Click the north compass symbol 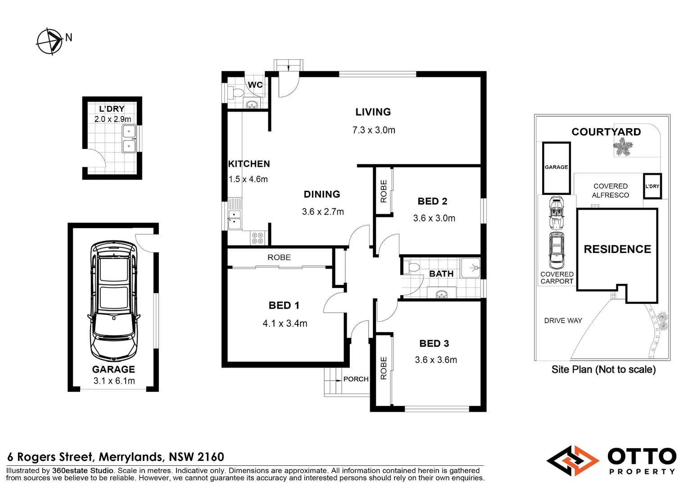click(50, 41)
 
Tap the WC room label click(255, 85)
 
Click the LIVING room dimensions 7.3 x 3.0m click(374, 130)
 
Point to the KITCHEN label click(249, 164)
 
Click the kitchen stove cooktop click(258, 238)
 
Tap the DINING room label click(322, 194)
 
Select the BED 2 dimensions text click(434, 218)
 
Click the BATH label click(441, 274)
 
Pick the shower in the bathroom click(471, 268)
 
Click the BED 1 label click(284, 306)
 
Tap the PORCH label click(356, 379)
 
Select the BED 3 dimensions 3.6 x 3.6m click(436, 360)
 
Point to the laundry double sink click(129, 139)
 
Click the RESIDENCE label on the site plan click(617, 249)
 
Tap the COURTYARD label click(606, 132)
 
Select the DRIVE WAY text click(563, 320)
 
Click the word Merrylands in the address click(130, 457)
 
